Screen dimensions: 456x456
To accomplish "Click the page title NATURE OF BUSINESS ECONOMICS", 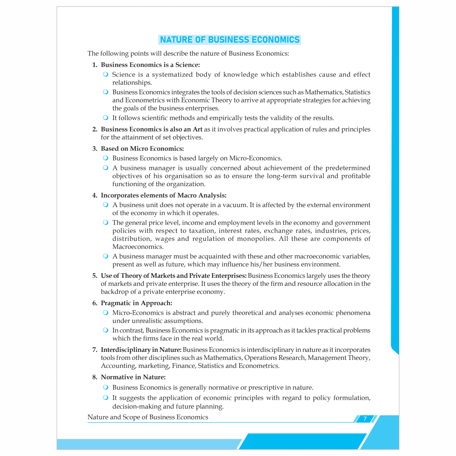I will tap(230, 40).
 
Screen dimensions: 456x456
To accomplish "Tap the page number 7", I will tap(365, 419).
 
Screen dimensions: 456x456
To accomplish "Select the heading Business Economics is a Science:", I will tap(150, 65).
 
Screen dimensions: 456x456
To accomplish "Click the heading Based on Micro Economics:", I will tap(142, 149).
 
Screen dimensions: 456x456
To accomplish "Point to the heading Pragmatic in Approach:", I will tap(136, 303).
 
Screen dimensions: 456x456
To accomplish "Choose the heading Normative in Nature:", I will tap(133, 377).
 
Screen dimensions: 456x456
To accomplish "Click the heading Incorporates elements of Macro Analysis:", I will tap(163, 195).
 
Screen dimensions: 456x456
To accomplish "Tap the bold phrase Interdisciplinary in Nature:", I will tap(141, 350).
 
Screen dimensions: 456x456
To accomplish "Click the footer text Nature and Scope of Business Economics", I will tap(148, 417).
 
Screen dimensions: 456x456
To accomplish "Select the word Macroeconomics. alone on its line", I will tap(138, 247).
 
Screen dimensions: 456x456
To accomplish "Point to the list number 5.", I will tap(95, 275).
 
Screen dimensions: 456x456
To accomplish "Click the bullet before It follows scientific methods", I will tap(106, 118).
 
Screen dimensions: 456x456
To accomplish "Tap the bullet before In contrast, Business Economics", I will tap(106, 330).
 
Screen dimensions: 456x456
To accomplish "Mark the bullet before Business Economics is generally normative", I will tap(106, 387).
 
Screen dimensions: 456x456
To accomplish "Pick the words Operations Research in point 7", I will tap(274, 358).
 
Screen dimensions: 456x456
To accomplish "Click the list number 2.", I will tap(95, 129).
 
